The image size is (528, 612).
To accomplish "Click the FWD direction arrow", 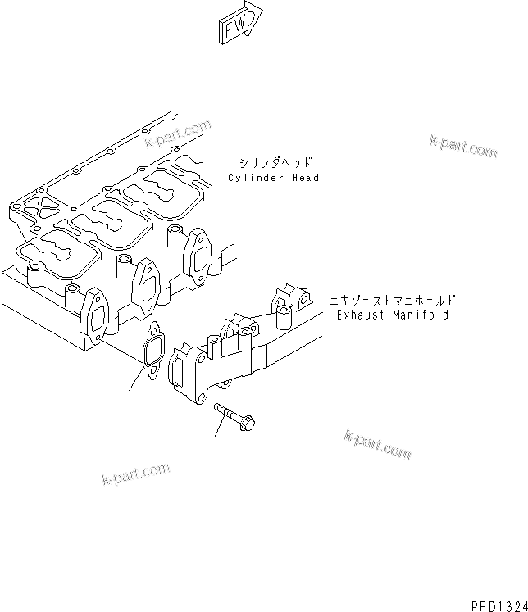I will point(241,20).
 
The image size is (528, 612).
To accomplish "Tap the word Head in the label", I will point(305,178).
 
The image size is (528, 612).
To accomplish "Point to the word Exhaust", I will point(360,315).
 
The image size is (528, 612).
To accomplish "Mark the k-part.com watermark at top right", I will point(462,146).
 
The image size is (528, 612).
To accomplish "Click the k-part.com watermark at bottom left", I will point(136,473).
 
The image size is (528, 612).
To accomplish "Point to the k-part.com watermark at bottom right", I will point(377,444).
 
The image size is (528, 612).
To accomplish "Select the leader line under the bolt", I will point(219,428).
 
